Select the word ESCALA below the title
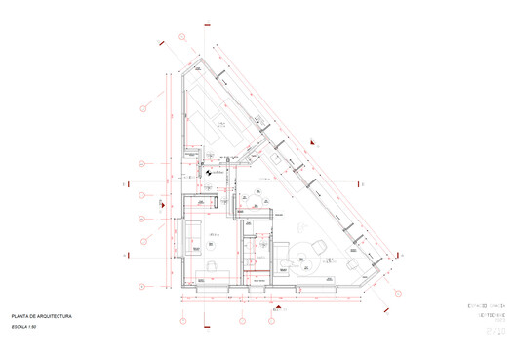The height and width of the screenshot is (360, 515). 21,329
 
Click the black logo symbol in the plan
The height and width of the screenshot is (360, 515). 208,177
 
